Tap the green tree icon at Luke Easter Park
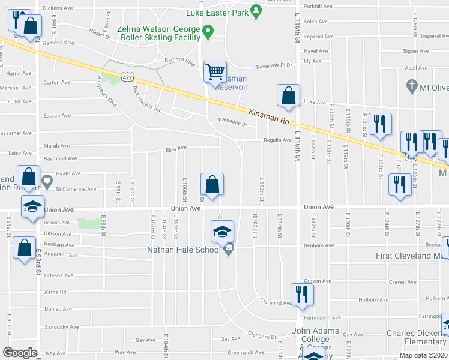(x=256, y=10)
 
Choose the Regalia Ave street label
(x=277, y=140)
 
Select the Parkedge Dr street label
(x=233, y=124)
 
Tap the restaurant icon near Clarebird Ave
(x=300, y=294)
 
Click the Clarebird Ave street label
(x=276, y=302)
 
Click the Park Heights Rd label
(x=146, y=100)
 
